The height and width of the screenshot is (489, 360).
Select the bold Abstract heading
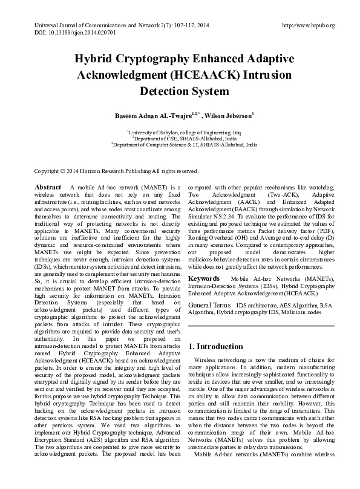[48, 188]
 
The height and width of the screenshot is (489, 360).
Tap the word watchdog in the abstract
[319, 188]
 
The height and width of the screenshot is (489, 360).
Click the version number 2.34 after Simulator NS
[227, 215]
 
